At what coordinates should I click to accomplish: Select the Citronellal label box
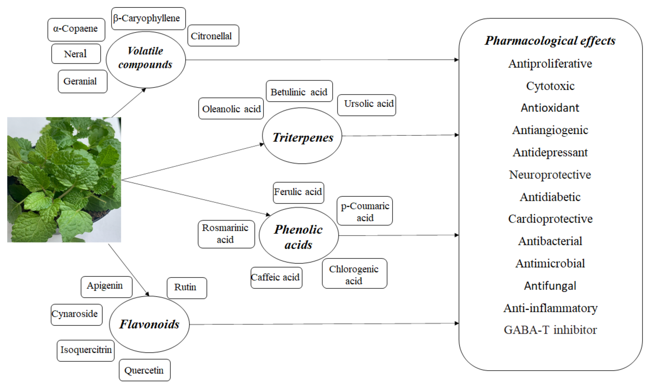click(213, 36)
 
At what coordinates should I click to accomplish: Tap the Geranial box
click(82, 81)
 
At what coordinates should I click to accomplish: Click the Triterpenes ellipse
click(302, 136)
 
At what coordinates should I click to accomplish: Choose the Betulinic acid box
click(299, 91)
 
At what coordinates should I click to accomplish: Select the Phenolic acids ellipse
click(299, 236)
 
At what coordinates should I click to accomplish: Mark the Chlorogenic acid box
click(354, 273)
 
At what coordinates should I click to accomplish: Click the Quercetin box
click(144, 370)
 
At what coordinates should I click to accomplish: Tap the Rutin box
click(187, 288)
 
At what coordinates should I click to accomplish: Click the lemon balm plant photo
click(64, 180)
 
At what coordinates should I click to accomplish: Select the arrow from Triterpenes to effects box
click(400, 135)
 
